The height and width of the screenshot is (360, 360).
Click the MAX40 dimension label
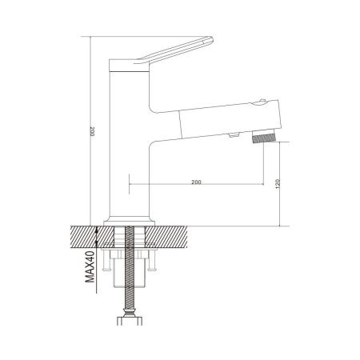pyautogui.click(x=90, y=266)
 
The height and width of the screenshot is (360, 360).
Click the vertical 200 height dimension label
pyautogui.click(x=92, y=131)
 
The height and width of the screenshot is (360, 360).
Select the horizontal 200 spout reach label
pyautogui.click(x=196, y=182)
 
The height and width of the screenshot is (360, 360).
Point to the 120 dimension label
pyautogui.click(x=278, y=184)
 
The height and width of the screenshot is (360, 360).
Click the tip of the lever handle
pyautogui.click(x=212, y=40)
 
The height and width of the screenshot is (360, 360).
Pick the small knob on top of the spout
pyautogui.click(x=262, y=102)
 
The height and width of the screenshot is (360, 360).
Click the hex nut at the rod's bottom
pyautogui.click(x=130, y=321)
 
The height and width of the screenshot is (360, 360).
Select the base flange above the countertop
pyautogui.click(x=130, y=223)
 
